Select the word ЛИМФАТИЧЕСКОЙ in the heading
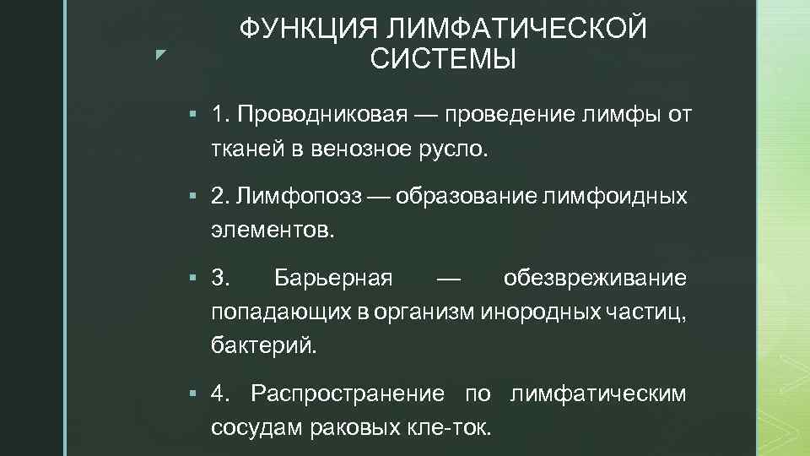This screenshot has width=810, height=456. click(516, 29)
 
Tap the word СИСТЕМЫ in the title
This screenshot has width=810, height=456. click(443, 60)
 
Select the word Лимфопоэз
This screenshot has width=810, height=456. click(300, 197)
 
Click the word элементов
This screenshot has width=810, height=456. click(273, 231)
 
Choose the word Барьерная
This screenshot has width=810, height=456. click(333, 278)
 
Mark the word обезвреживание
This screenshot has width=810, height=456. click(595, 278)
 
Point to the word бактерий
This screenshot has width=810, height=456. click(264, 345)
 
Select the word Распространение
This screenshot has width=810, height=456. click(348, 394)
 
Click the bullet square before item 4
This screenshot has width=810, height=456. click(193, 394)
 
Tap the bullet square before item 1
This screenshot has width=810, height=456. click(193, 114)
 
